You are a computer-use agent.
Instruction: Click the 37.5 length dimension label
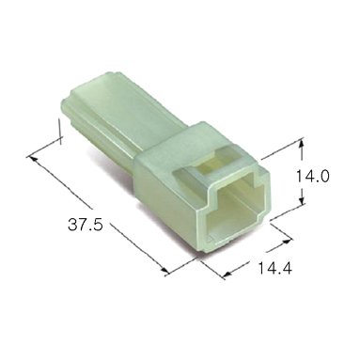pyautogui.click(x=86, y=225)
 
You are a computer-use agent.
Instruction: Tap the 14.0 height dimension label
pyautogui.click(x=312, y=177)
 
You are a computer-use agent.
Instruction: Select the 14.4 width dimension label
pyautogui.click(x=274, y=268)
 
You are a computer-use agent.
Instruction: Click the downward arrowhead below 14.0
pyautogui.click(x=301, y=198)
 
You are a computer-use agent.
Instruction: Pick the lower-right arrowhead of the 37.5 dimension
pyautogui.click(x=164, y=270)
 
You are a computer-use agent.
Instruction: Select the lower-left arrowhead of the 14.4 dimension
pyautogui.click(x=227, y=274)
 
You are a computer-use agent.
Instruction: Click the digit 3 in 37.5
pyautogui.click(x=72, y=225)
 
